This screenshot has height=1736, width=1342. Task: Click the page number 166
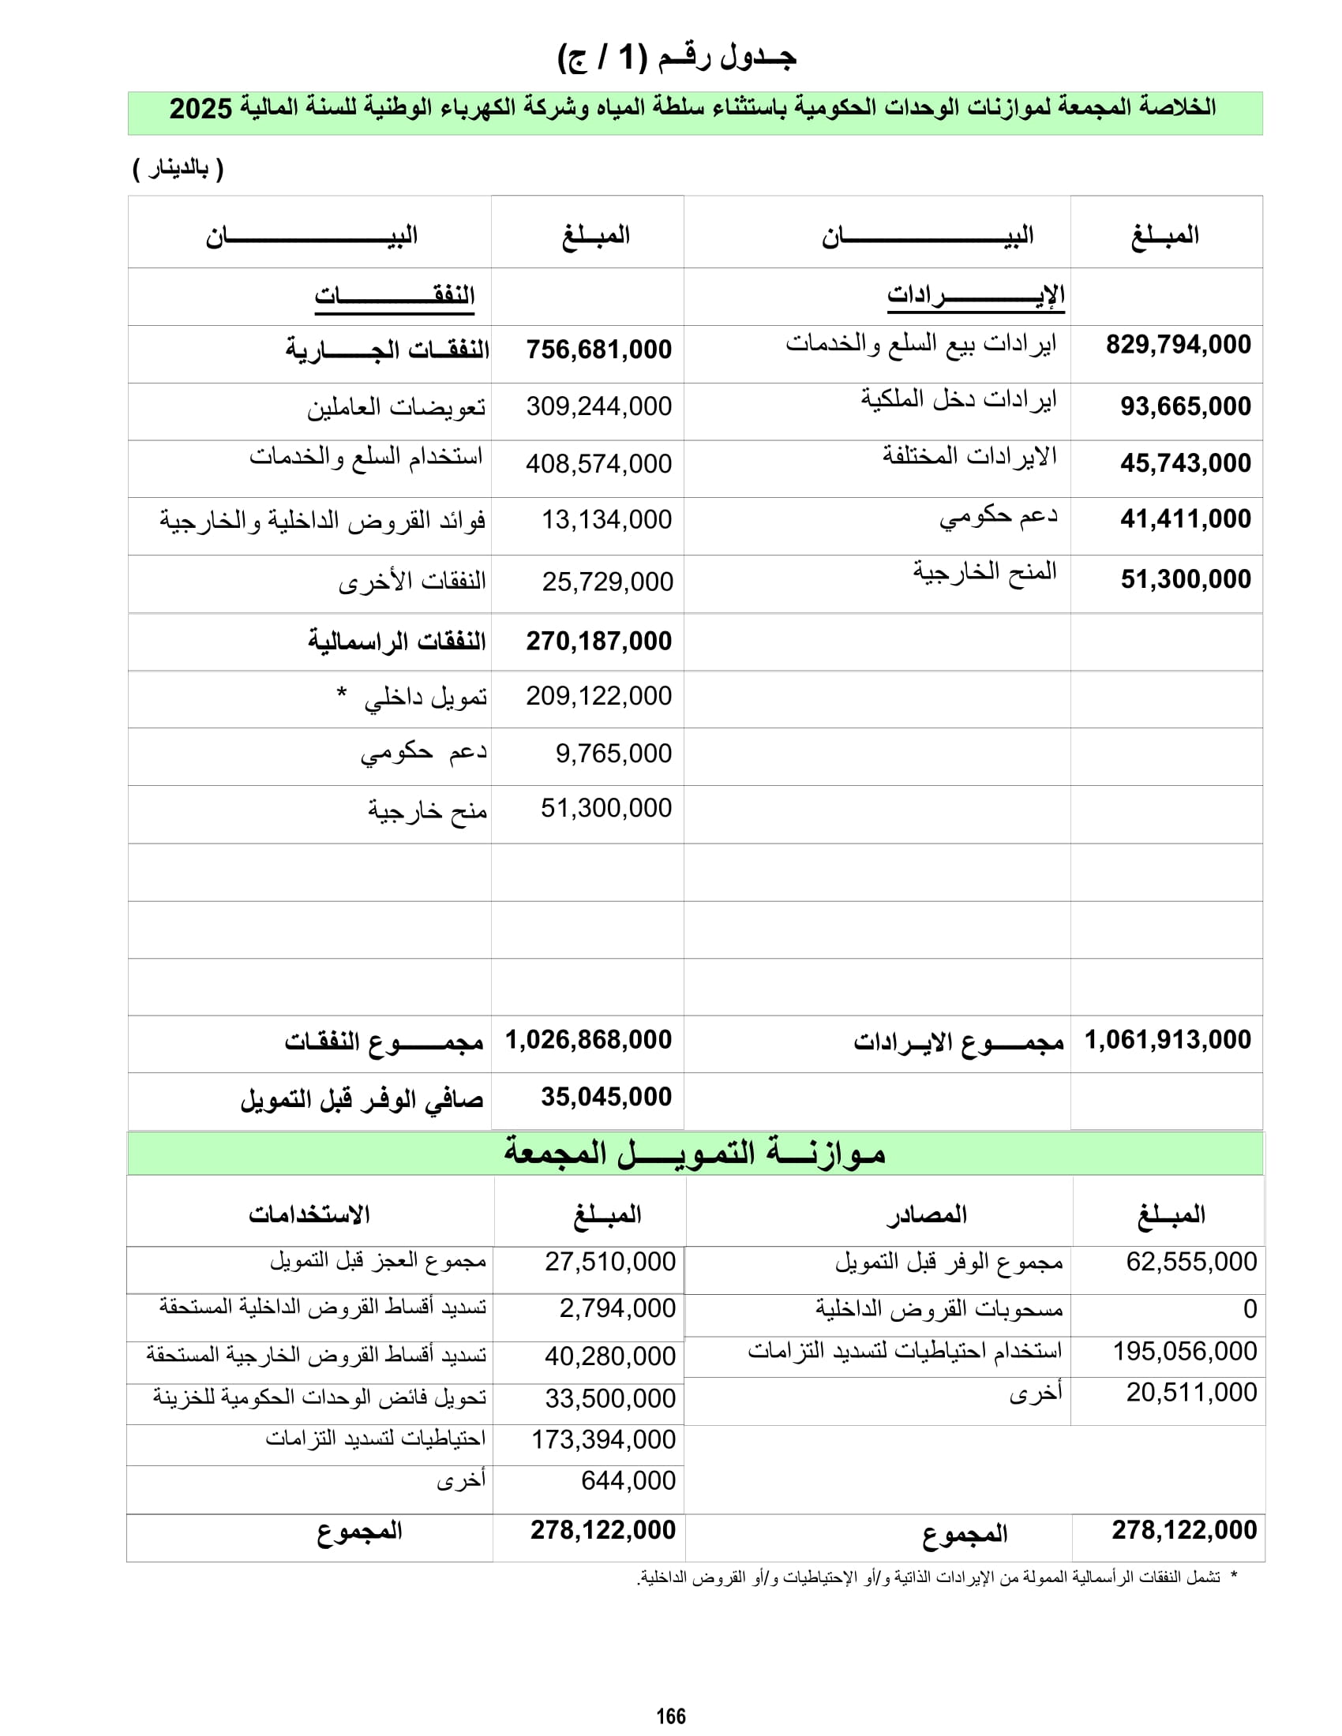click(x=670, y=1716)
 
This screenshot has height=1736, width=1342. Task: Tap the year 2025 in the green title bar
click(x=201, y=109)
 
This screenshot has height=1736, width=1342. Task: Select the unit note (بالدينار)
click(x=178, y=169)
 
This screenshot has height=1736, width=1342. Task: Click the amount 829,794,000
click(x=1179, y=344)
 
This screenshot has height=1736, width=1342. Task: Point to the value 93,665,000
click(x=1186, y=406)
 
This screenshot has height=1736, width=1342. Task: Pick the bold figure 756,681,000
click(x=598, y=349)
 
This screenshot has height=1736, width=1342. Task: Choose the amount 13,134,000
click(x=606, y=520)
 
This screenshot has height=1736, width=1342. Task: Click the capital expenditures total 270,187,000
click(x=598, y=641)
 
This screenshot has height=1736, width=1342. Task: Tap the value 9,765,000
click(x=613, y=753)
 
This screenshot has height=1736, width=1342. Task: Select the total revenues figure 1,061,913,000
click(x=1168, y=1040)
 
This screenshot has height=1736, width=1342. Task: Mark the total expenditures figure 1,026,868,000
click(x=588, y=1040)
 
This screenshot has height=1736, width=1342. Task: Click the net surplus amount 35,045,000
click(x=606, y=1097)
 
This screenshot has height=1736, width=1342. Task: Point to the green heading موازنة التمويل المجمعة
click(x=694, y=1154)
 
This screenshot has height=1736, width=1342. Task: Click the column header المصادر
click(x=927, y=1214)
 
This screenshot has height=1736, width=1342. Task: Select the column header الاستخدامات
click(x=309, y=1214)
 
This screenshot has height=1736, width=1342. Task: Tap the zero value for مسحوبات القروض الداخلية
click(x=1250, y=1309)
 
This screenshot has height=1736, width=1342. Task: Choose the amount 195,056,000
click(x=1185, y=1351)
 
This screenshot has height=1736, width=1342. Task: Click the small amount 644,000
click(x=628, y=1480)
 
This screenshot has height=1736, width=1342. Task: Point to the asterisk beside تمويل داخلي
click(x=341, y=693)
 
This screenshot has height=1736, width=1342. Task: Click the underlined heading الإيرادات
click(x=976, y=296)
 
